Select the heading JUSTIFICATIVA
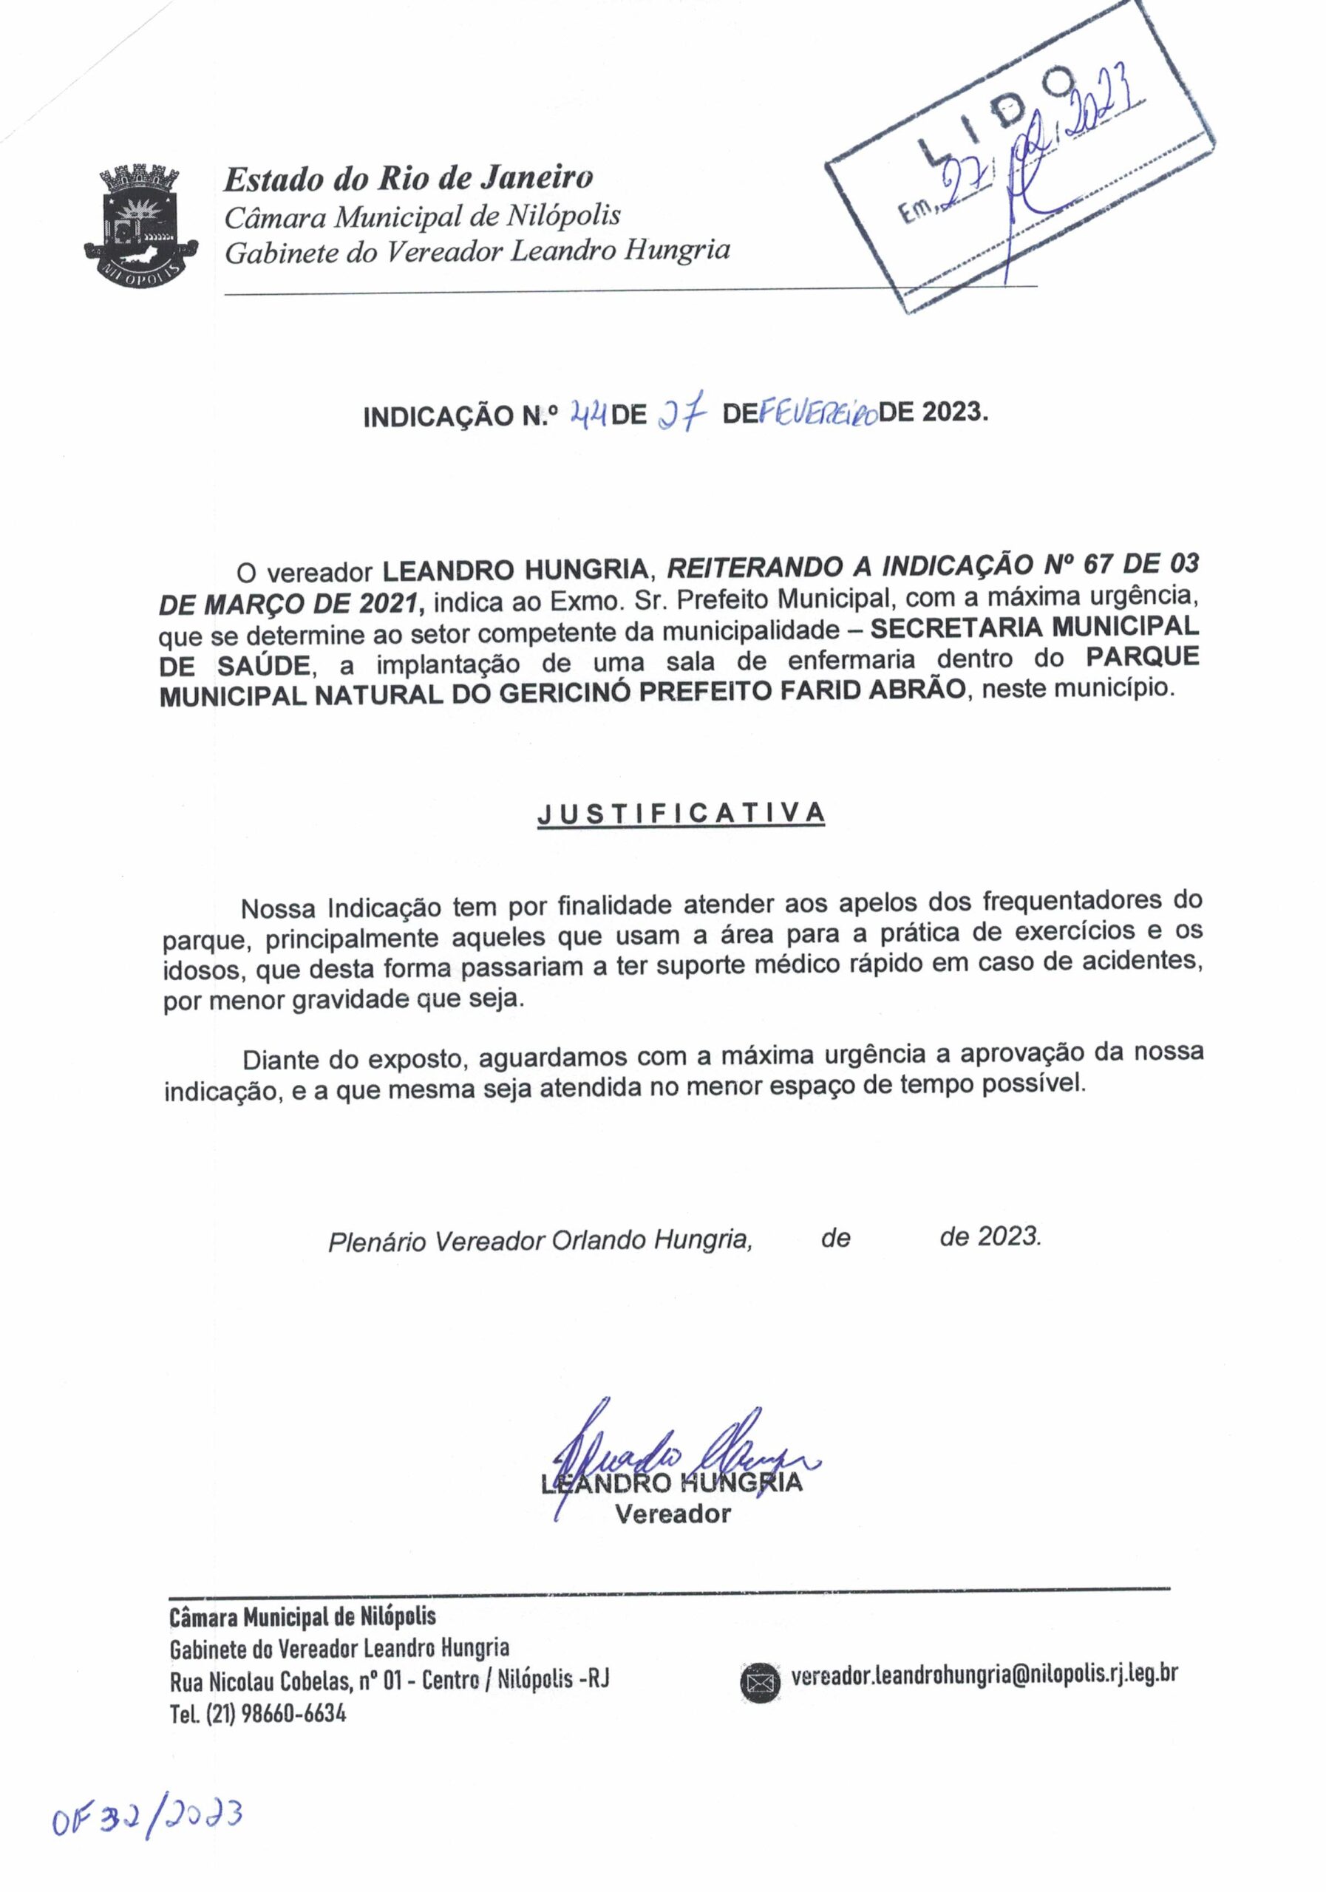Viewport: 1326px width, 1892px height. pyautogui.click(x=681, y=813)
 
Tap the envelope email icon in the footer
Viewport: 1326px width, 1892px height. pyautogui.click(x=759, y=1683)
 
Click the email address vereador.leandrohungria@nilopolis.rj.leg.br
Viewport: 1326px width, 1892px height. pyautogui.click(x=984, y=1675)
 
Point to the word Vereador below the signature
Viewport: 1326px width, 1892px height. pyautogui.click(x=673, y=1513)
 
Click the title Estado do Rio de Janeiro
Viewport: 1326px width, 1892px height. pyautogui.click(x=409, y=177)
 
